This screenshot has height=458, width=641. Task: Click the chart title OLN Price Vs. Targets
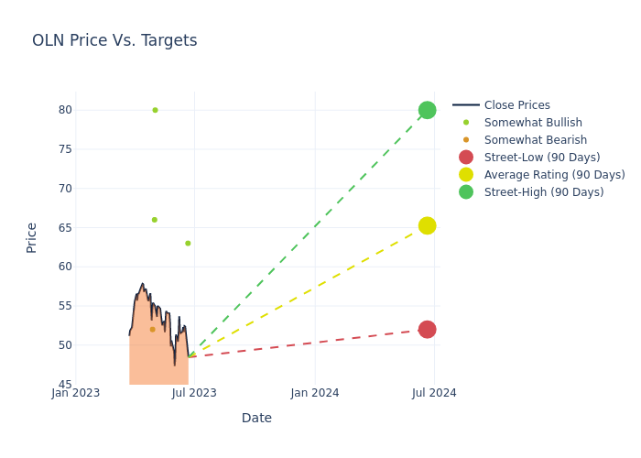[x=114, y=40]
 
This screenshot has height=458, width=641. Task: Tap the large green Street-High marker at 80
[x=427, y=110]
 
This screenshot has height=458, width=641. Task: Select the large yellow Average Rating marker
[x=427, y=225]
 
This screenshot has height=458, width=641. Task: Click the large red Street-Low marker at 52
[x=427, y=329]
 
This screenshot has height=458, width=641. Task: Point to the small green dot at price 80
[x=155, y=110]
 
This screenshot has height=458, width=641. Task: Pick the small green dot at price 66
[x=154, y=220]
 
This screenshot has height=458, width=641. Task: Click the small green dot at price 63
[x=188, y=244]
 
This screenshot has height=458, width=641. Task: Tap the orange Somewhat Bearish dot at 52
[x=152, y=330]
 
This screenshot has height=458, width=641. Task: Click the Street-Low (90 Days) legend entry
[x=542, y=158]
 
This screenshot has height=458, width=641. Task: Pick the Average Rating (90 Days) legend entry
[x=554, y=175]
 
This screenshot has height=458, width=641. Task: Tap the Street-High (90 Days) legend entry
[x=544, y=192]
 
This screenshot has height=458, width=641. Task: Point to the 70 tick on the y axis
[x=65, y=189]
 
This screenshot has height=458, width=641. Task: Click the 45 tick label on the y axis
[x=65, y=385]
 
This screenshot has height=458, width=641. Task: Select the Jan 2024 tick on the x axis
[x=315, y=393]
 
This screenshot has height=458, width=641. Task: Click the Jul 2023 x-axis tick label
[x=195, y=393]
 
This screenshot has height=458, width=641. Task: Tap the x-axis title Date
[x=256, y=419]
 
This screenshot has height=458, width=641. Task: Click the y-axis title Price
[x=32, y=237]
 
